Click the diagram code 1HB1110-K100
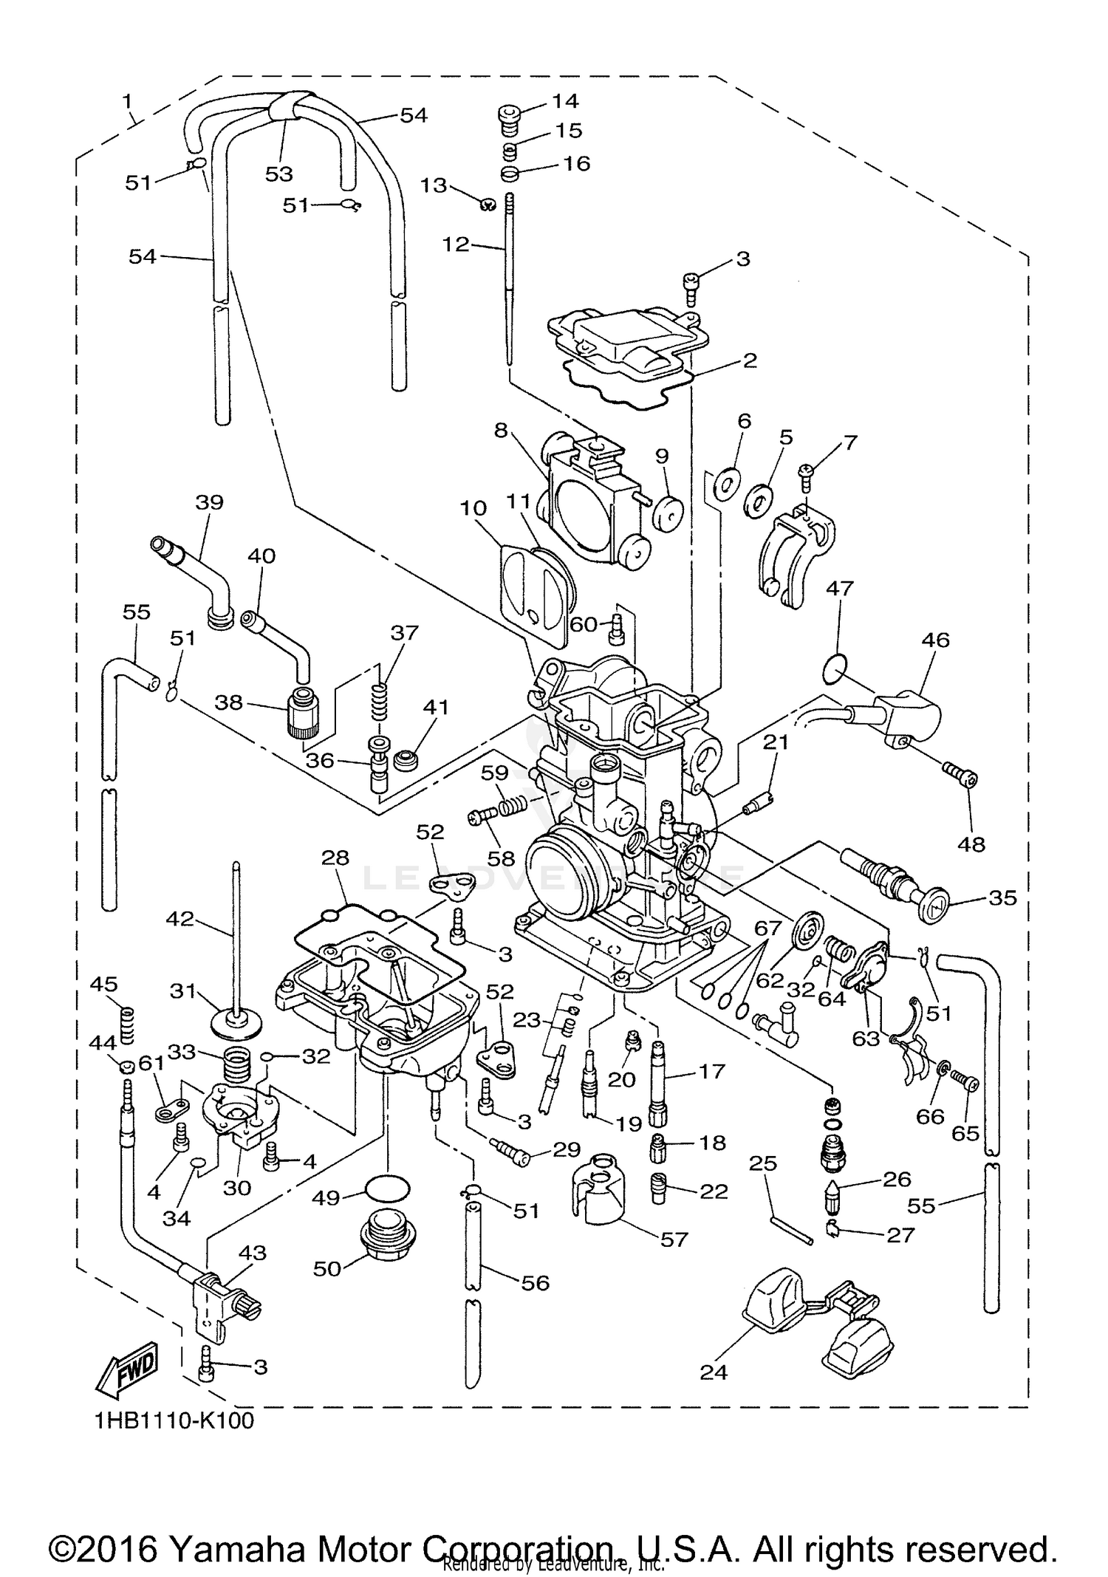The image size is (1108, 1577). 174,1420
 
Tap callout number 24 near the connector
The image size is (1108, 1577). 714,1372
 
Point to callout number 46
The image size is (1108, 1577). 935,640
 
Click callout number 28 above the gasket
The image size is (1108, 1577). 335,858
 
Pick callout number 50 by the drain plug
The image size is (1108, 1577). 326,1268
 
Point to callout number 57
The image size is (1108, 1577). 674,1239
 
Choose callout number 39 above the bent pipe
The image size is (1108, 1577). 209,502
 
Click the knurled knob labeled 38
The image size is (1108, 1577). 304,713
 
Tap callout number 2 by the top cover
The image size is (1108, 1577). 750,360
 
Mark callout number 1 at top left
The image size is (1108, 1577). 127,99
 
